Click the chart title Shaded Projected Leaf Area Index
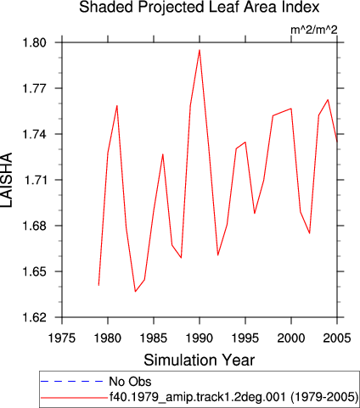point(200,8)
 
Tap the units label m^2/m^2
point(314,30)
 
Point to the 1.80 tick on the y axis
point(34,42)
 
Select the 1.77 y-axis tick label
point(34,88)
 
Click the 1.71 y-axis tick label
point(34,180)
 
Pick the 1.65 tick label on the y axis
point(34,271)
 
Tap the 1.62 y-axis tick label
point(34,317)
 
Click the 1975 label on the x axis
point(62,338)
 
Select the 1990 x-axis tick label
point(200,338)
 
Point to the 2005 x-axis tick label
point(337,338)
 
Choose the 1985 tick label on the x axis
point(154,338)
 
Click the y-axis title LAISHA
point(7,180)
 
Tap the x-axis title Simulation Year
point(200,360)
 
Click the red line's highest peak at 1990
point(200,50)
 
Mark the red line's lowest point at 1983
point(135,291)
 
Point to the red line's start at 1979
point(98,285)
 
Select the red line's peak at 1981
point(117,106)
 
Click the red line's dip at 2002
point(310,233)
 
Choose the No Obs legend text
point(130,382)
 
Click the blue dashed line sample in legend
point(72,382)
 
